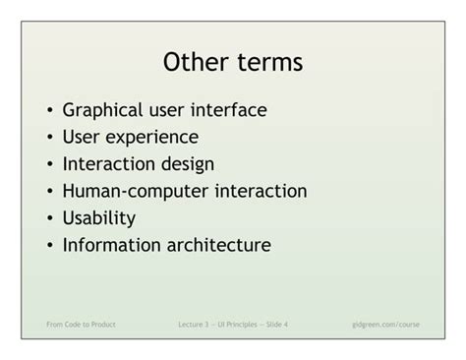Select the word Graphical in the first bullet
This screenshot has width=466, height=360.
pyautogui.click(x=105, y=110)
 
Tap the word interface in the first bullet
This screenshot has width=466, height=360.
pyautogui.click(x=231, y=110)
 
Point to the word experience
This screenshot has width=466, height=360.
pyautogui.click(x=154, y=137)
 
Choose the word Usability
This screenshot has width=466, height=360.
pyautogui.click(x=98, y=217)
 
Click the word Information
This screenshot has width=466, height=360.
pyautogui.click(x=110, y=244)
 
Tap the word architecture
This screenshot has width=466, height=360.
pyautogui.click(x=217, y=244)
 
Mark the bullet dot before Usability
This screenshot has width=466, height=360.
pyautogui.click(x=48, y=218)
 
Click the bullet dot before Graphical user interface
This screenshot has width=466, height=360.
pyautogui.click(x=48, y=111)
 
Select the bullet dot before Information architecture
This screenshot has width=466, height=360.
pyautogui.click(x=48, y=245)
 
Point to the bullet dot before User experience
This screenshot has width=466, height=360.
pyautogui.click(x=48, y=138)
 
